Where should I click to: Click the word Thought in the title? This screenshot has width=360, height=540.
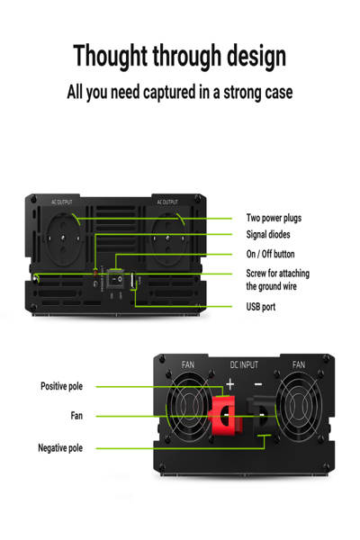click(x=111, y=56)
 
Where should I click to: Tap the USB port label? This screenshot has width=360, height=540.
click(x=261, y=307)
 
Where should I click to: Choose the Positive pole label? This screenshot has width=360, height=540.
click(x=61, y=386)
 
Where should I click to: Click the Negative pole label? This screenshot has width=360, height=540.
click(x=60, y=447)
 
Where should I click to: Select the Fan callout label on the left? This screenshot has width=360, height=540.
click(x=76, y=416)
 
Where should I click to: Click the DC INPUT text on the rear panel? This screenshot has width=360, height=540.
click(x=243, y=365)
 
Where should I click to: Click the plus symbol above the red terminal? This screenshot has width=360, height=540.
click(x=229, y=383)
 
